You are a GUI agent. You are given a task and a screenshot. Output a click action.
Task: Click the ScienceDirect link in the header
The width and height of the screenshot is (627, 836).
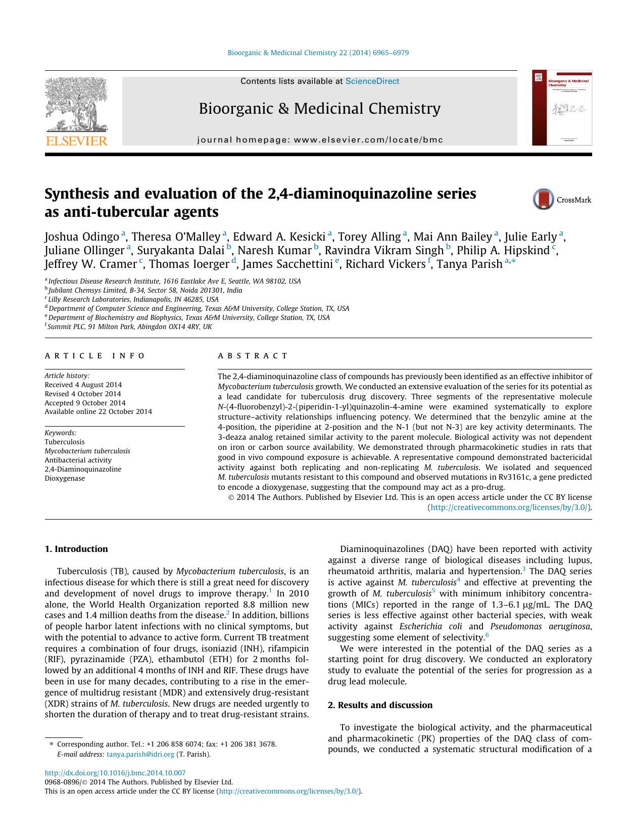[x=372, y=81]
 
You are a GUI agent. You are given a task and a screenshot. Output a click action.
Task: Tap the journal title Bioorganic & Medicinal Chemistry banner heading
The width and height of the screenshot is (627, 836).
[x=319, y=108]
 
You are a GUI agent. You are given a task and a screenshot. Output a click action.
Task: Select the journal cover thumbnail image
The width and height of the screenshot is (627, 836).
[x=561, y=108]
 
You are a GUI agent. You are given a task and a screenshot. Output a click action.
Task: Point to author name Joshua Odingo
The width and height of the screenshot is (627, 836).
[x=82, y=237]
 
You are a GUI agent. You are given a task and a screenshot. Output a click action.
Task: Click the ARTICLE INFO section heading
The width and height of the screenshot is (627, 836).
[x=95, y=356]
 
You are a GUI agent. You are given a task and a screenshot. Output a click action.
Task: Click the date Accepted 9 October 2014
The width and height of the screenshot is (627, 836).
[x=85, y=403]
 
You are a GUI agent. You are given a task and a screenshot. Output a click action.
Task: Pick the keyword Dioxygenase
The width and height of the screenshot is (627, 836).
[x=65, y=478]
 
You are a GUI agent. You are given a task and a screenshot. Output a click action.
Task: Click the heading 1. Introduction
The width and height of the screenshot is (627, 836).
[x=76, y=549]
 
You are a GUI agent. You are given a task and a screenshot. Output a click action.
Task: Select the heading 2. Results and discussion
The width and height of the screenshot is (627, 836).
[x=380, y=705]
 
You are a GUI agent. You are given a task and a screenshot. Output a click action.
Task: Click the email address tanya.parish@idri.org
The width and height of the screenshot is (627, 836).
[x=140, y=754]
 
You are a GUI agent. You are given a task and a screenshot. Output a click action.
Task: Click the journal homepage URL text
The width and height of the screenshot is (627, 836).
[x=368, y=140]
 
